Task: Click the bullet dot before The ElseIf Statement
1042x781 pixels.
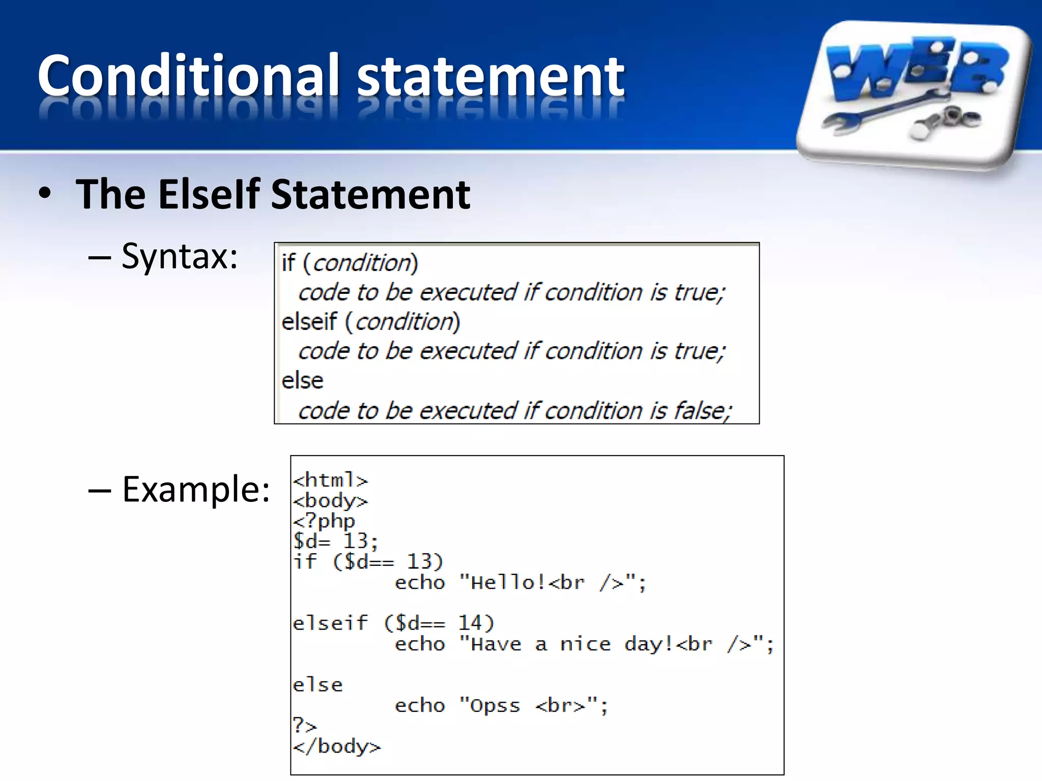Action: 45,194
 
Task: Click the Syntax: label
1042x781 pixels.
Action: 179,256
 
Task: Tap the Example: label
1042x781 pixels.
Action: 196,489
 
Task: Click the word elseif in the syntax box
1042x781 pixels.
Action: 309,322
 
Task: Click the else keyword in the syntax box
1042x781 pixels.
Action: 302,381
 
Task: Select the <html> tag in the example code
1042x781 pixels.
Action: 330,480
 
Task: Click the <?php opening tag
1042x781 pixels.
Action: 324,521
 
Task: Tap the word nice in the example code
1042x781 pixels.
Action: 585,644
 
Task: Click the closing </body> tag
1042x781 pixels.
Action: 336,746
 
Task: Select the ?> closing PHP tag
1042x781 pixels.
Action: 304,725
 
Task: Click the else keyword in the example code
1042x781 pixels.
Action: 317,685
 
